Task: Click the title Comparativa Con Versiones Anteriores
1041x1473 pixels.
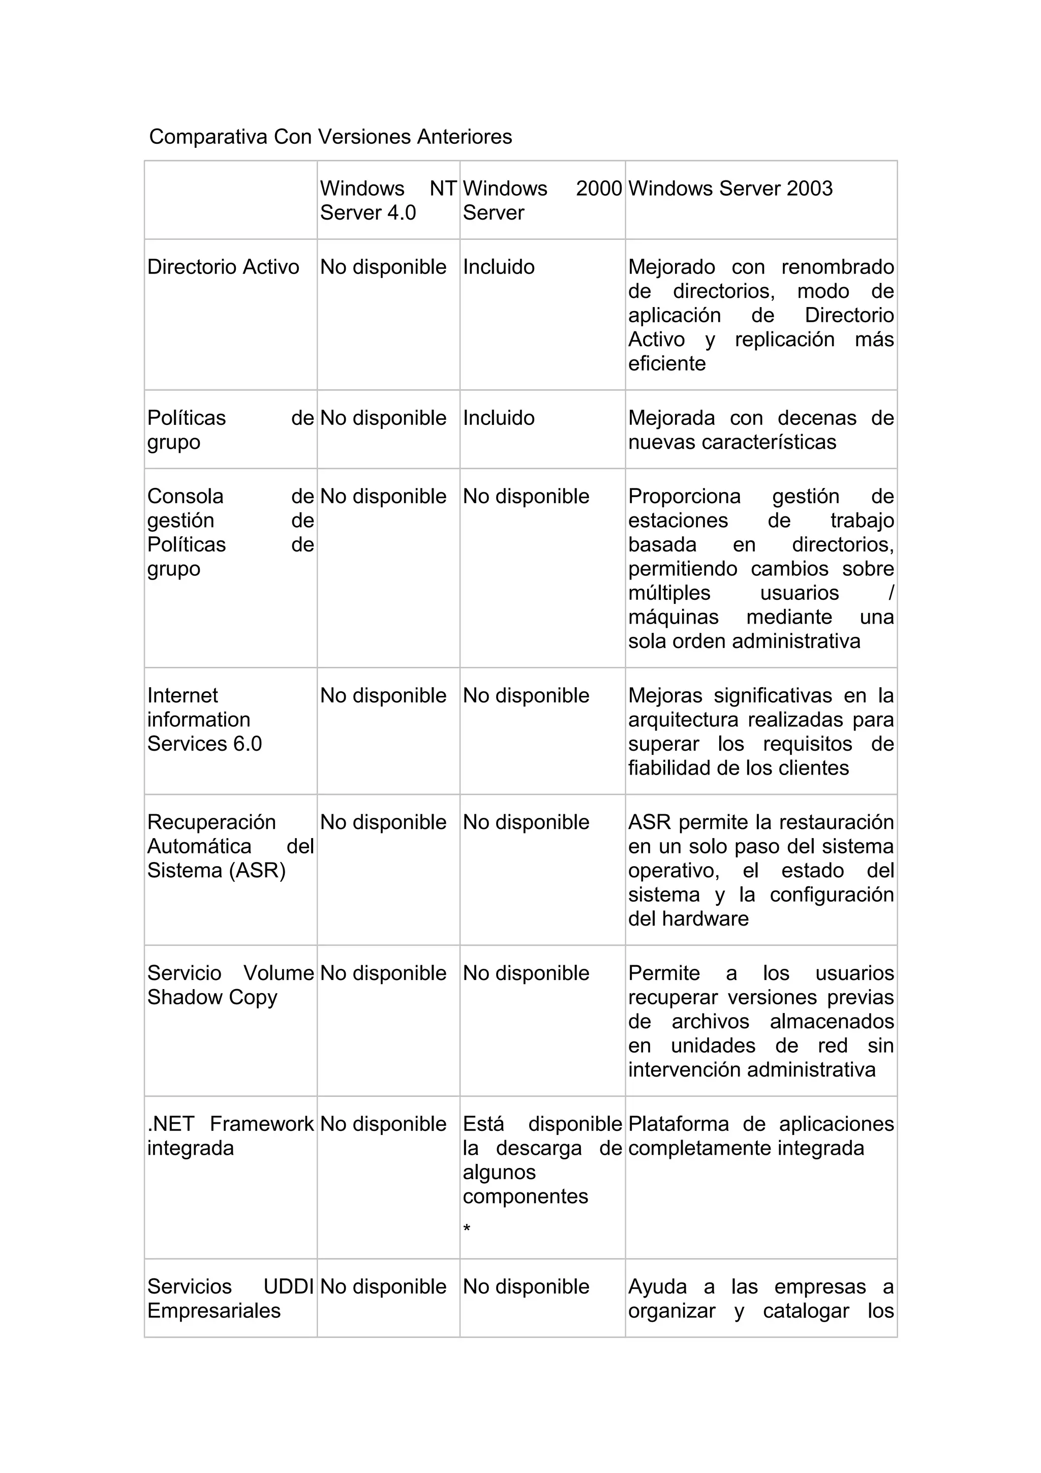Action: tap(330, 137)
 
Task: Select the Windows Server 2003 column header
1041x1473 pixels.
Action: tap(730, 189)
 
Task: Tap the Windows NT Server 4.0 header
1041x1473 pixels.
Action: tap(387, 200)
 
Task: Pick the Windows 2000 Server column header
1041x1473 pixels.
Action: tap(542, 200)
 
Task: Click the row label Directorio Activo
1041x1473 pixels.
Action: tap(223, 267)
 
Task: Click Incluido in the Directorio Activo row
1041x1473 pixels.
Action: tap(498, 267)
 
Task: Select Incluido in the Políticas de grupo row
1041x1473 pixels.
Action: tap(498, 418)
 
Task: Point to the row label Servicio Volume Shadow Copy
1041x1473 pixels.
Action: tap(230, 985)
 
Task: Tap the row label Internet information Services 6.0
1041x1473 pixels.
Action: tap(204, 719)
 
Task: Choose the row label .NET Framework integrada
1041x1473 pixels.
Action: tap(230, 1136)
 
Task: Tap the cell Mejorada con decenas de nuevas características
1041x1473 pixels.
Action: tap(761, 430)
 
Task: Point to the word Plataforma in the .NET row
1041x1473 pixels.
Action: tap(678, 1124)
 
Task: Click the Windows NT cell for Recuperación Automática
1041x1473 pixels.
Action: tap(383, 822)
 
